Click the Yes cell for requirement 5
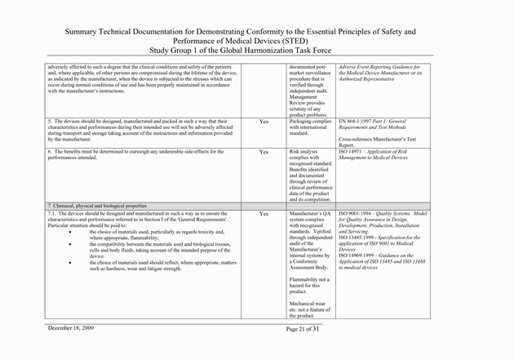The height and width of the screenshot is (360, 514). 264,122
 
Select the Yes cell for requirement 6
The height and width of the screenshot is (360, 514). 264,152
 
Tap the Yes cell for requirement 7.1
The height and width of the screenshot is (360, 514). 264,213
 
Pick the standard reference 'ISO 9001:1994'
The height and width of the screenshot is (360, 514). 359,213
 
